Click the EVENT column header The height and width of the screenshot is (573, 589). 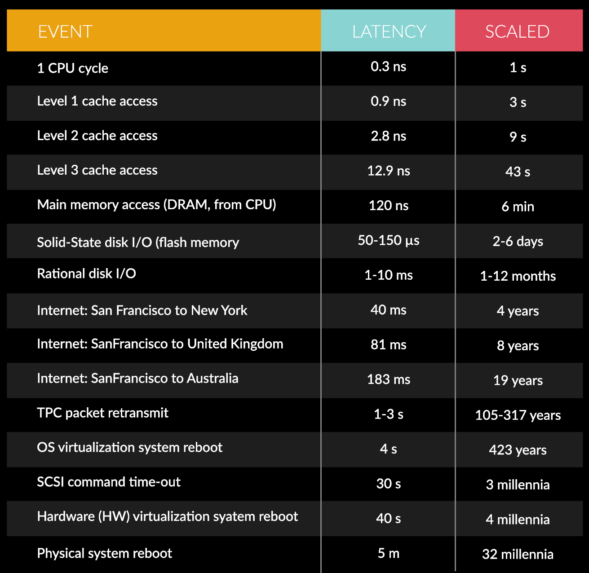tap(65, 31)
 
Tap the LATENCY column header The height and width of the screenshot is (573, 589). tap(389, 31)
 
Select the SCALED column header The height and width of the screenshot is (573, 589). tap(517, 31)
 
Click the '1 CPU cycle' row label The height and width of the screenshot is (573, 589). tap(72, 68)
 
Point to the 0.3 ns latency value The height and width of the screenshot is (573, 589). tap(388, 67)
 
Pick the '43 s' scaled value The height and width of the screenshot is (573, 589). tap(518, 172)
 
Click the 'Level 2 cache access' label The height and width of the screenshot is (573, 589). tap(97, 136)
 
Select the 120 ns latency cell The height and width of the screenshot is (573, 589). tap(388, 206)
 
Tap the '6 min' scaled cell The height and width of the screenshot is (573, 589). tap(518, 207)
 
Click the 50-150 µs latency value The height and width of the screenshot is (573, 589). tap(388, 241)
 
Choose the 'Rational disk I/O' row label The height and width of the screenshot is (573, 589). tap(86, 273)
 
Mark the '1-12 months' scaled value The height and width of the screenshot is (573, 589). tap(518, 276)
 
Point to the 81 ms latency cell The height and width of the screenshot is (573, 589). tap(388, 345)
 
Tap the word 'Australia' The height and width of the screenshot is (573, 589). tap(213, 379)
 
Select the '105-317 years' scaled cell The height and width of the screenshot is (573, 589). tap(518, 415)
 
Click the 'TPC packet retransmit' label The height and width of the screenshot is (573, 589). tap(102, 413)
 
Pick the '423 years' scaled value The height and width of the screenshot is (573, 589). tap(518, 450)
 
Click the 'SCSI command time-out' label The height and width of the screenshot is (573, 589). tap(109, 482)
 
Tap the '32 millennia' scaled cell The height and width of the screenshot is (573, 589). tap(518, 554)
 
